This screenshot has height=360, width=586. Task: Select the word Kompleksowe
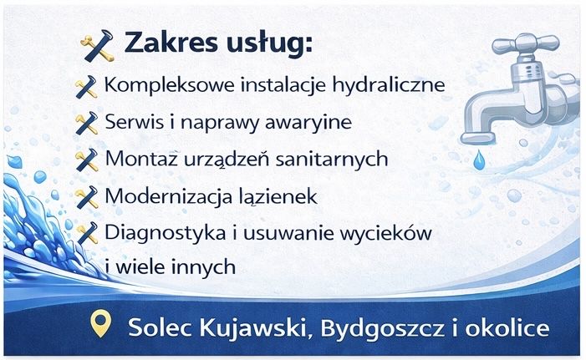pyautogui.click(x=161, y=85)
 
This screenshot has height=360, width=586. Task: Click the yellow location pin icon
pyautogui.click(x=101, y=324)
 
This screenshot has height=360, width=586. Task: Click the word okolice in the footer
pyautogui.click(x=507, y=326)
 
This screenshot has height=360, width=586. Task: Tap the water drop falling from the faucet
pyautogui.click(x=479, y=160)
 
